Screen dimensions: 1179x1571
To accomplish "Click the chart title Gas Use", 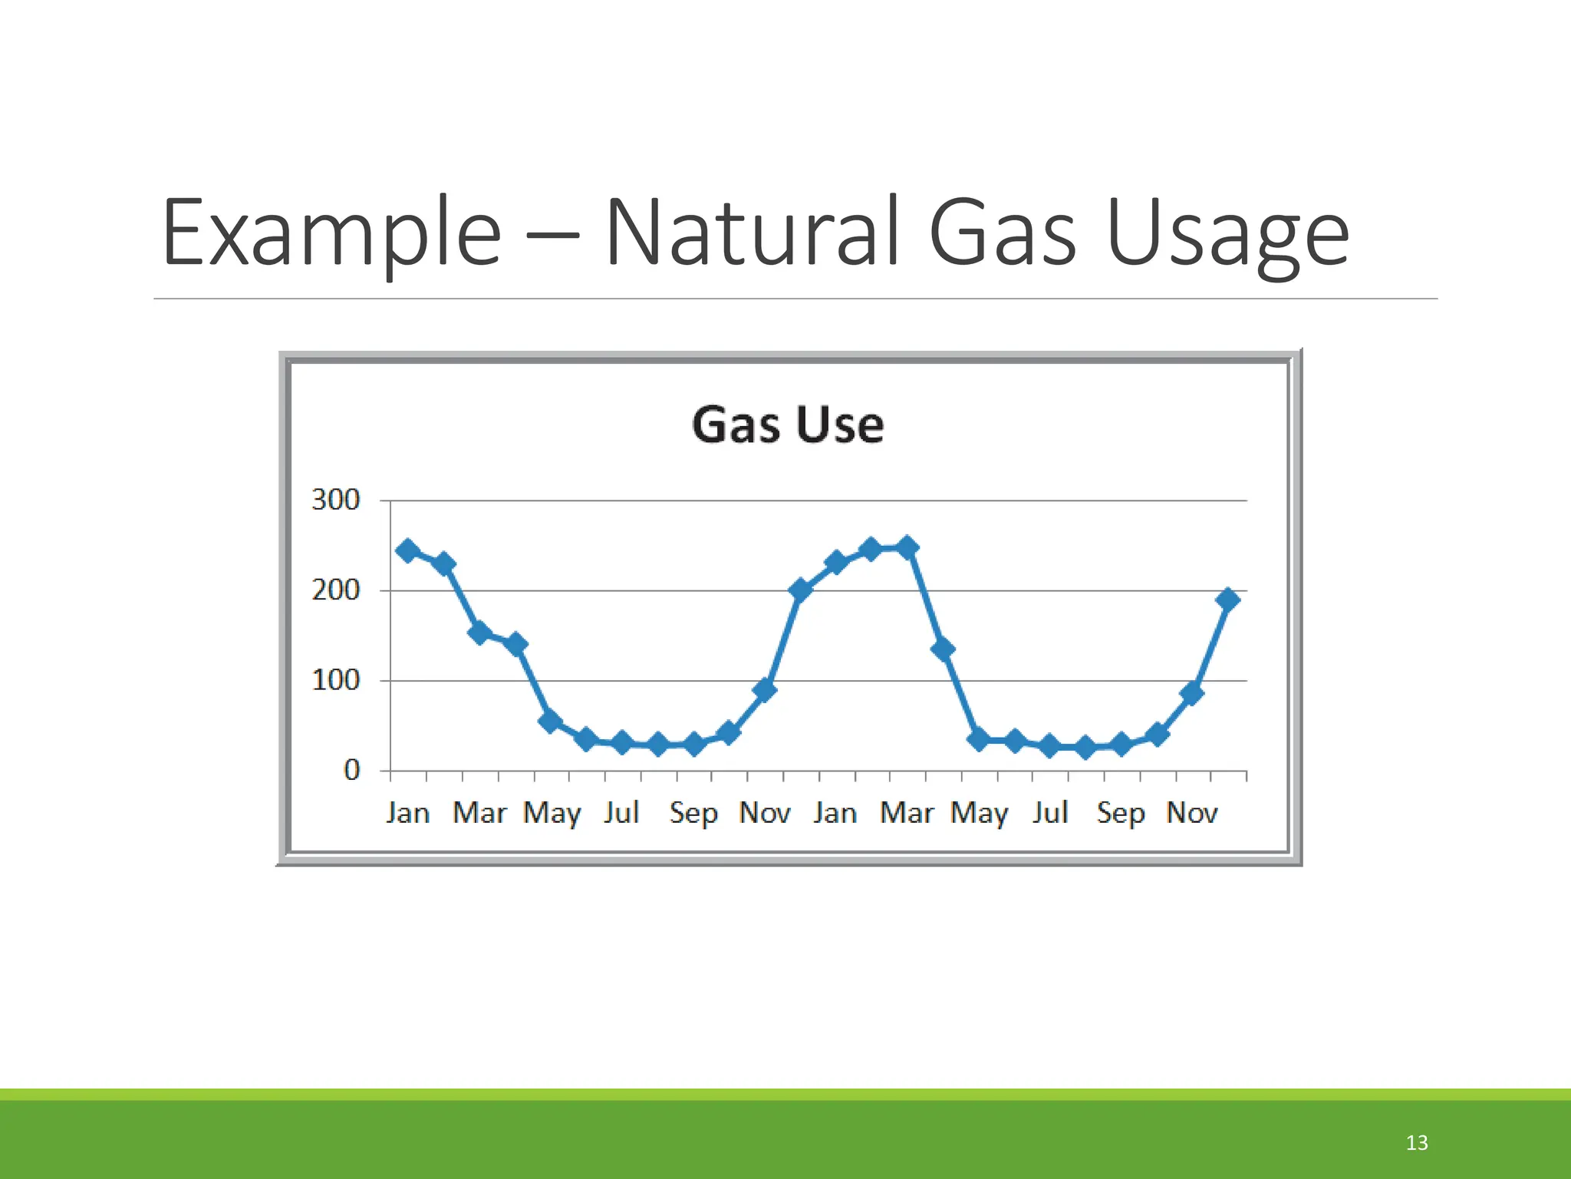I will click(x=788, y=424).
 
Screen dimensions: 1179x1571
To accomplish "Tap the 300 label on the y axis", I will click(x=335, y=500).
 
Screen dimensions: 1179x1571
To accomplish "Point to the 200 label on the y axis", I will click(x=335, y=590).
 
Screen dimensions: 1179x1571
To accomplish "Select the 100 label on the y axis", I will click(x=335, y=680).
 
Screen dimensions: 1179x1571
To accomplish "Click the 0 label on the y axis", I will click(x=351, y=770).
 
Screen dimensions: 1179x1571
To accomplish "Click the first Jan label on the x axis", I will click(x=407, y=812).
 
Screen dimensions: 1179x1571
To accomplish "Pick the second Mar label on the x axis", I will click(x=907, y=812).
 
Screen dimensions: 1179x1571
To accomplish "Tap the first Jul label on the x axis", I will click(x=621, y=812).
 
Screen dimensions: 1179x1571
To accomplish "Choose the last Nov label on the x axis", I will click(x=1191, y=812).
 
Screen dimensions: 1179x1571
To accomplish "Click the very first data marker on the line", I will click(x=407, y=550).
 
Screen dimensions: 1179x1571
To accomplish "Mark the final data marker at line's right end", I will click(x=1227, y=599).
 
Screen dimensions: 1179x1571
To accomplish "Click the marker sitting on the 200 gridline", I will click(x=800, y=590).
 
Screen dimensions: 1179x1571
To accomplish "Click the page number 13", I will click(x=1416, y=1143).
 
